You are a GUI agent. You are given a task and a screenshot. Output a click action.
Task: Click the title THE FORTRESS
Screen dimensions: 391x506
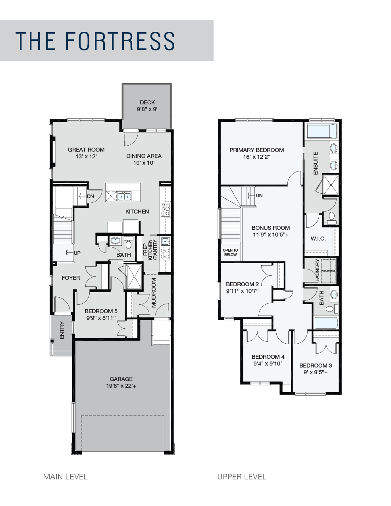coord(95,41)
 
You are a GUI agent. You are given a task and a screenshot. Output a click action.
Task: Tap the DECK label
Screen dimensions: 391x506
coord(147,102)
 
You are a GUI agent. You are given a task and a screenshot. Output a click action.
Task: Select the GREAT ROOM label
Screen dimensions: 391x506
coord(86,150)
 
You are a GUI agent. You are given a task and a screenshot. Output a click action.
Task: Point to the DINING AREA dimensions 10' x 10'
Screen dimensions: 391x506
coord(144,163)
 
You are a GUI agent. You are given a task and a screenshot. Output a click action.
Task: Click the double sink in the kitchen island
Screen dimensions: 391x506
coord(124,197)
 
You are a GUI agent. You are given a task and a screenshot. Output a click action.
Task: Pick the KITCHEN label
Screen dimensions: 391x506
coord(137,212)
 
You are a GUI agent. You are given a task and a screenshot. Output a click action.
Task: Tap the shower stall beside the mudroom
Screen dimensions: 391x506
coord(134,277)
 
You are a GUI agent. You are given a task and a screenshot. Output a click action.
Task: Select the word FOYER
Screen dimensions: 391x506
coord(71,278)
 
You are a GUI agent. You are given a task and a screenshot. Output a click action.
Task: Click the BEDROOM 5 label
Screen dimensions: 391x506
coord(101,311)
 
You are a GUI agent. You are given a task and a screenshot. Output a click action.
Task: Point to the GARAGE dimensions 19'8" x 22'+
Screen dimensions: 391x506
coord(121,386)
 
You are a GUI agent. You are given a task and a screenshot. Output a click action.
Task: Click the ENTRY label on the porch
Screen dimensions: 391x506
coord(62,330)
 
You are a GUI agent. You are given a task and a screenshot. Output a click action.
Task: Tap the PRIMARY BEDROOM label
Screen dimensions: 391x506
coord(256,150)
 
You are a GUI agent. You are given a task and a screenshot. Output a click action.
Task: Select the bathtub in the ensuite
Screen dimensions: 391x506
coord(322,131)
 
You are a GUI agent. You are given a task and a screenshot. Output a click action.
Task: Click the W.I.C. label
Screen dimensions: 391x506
coord(318,239)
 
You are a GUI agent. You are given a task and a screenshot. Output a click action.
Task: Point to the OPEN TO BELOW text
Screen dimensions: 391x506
coord(230,252)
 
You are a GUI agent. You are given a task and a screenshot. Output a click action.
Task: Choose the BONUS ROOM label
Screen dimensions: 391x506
coord(271,228)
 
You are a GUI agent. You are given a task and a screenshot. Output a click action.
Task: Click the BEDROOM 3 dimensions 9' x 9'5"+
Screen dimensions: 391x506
coord(316,373)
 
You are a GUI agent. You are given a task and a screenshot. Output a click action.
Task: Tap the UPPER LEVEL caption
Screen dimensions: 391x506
coord(242,477)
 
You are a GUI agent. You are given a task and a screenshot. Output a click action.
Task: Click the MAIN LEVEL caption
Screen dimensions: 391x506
coord(65,477)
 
